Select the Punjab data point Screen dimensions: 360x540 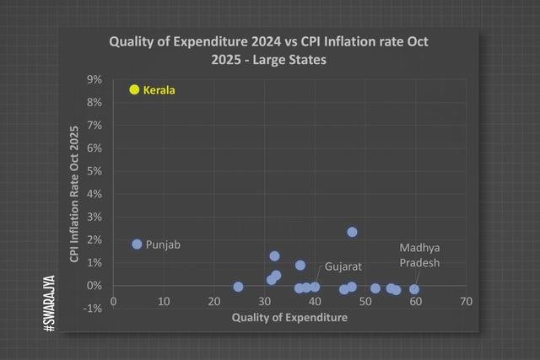[137, 244]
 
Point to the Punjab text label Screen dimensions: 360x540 [163, 244]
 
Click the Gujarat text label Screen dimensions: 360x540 [343, 266]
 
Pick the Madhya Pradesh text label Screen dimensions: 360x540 [419, 255]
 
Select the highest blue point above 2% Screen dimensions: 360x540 [352, 232]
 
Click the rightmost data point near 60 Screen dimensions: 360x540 [414, 289]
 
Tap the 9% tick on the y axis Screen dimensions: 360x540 [94, 79]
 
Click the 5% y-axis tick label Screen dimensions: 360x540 [94, 171]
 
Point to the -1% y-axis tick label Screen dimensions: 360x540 [93, 309]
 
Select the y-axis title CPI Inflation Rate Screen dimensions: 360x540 [74, 194]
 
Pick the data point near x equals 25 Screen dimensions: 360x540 [238, 287]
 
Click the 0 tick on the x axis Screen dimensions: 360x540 [114, 301]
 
